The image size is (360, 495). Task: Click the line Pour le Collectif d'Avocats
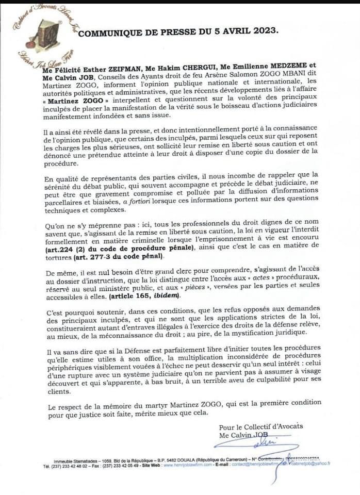pos(260,426)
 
